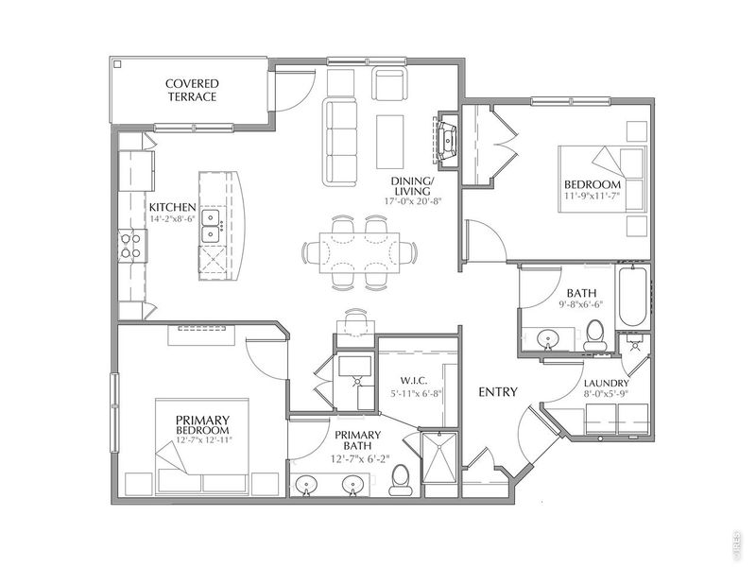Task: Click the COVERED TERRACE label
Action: [x=192, y=90]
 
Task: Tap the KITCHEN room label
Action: [x=173, y=208]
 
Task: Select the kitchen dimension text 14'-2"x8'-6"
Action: [x=172, y=218]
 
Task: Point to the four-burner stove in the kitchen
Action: [x=130, y=246]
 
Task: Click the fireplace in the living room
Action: [x=447, y=140]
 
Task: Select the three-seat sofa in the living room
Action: [x=340, y=142]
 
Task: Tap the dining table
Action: [x=359, y=252]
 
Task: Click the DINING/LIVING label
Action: [x=412, y=185]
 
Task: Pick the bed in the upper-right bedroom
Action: [x=602, y=179]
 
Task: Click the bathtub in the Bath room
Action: [x=632, y=296]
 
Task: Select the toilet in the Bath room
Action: [x=596, y=335]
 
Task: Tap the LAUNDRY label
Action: [x=607, y=384]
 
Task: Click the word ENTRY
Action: [x=498, y=392]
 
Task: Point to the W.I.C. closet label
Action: [x=413, y=381]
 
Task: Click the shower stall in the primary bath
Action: [x=439, y=457]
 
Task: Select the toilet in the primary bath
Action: [x=400, y=480]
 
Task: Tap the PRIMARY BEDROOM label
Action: [x=202, y=424]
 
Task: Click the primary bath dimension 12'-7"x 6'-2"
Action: [x=360, y=458]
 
